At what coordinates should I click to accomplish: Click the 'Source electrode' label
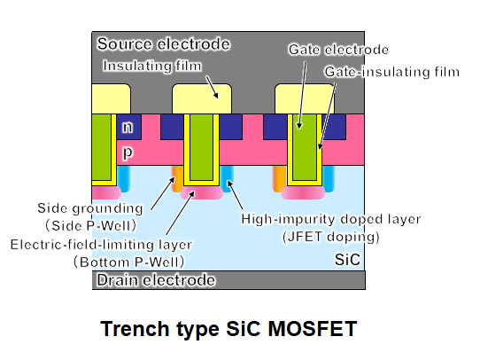[164, 44]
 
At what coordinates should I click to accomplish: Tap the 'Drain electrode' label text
[156, 280]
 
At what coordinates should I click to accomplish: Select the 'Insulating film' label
[152, 66]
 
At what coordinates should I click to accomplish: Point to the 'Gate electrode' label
[338, 50]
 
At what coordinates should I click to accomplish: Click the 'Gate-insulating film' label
[392, 72]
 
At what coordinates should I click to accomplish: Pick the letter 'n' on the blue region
[128, 127]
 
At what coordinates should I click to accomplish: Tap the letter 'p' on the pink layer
[128, 153]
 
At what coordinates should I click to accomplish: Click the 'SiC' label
[347, 260]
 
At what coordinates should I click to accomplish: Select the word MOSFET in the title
[313, 329]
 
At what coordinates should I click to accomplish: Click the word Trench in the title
[135, 329]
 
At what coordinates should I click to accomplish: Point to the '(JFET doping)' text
[330, 237]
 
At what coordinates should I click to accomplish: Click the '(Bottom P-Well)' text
[129, 262]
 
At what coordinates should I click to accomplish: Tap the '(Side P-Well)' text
[90, 226]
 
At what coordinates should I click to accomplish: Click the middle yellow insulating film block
[202, 98]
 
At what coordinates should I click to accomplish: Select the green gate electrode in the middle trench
[201, 147]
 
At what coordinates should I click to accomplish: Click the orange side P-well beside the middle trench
[177, 178]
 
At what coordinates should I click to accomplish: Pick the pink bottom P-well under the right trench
[303, 192]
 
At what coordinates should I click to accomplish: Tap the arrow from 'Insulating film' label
[212, 87]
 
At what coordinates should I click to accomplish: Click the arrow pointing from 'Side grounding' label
[163, 193]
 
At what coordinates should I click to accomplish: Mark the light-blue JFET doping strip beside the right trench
[329, 179]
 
